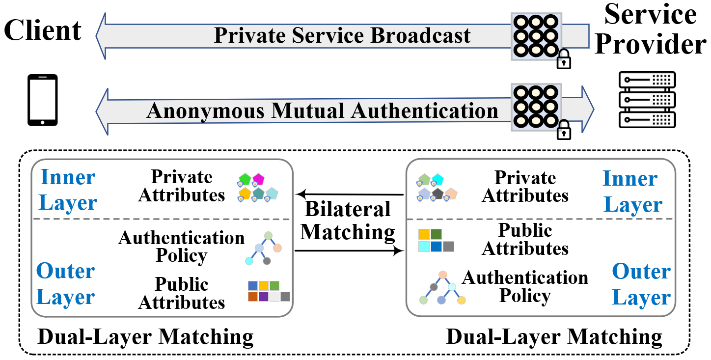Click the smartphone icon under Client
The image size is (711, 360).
point(43,100)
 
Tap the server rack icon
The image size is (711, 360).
point(647,100)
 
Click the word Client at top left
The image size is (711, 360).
point(43,30)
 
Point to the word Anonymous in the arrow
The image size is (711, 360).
point(205,111)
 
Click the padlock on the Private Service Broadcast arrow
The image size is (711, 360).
point(564,59)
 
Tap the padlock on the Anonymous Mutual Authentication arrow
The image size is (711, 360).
point(564,130)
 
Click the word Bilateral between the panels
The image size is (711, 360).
point(348,209)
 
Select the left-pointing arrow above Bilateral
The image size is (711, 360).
point(350,194)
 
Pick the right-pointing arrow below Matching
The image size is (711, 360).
point(349,251)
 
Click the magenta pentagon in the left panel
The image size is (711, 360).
point(258,179)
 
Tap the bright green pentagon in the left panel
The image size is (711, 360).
point(245,179)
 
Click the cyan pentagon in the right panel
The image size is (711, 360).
point(438,179)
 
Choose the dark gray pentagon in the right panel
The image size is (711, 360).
point(438,194)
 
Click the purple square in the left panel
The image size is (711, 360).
point(264,297)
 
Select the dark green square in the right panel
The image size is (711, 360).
point(437,234)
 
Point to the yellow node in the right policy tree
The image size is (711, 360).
point(462,300)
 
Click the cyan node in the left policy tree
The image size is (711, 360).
point(249,261)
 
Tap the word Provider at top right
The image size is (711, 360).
point(651,44)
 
